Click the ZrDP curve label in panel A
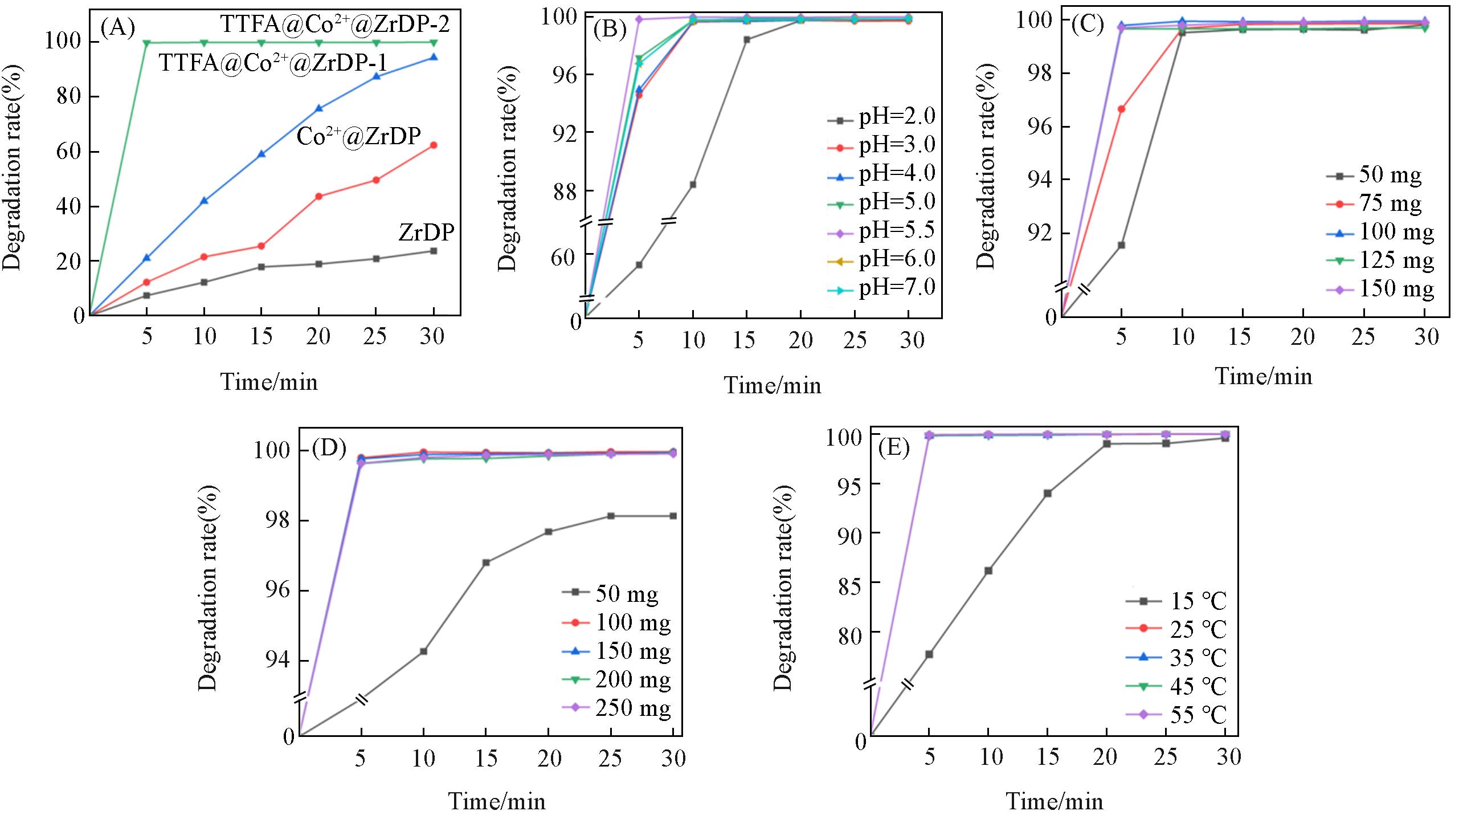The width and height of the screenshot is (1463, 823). pos(426,233)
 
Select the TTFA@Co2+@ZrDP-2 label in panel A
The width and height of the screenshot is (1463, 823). pos(335,25)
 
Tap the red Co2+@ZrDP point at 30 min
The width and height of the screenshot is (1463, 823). pos(434,145)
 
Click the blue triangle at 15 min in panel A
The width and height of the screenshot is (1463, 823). pos(261,154)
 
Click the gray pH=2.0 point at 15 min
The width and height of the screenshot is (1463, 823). pos(747,40)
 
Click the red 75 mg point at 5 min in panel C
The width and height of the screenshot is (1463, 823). pos(1121,109)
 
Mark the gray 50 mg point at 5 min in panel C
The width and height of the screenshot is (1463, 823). pos(1121,245)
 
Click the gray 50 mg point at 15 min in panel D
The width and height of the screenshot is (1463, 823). pos(486,563)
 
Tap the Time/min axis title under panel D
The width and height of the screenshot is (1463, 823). pos(497,801)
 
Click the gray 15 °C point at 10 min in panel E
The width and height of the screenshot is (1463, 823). pos(988,571)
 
